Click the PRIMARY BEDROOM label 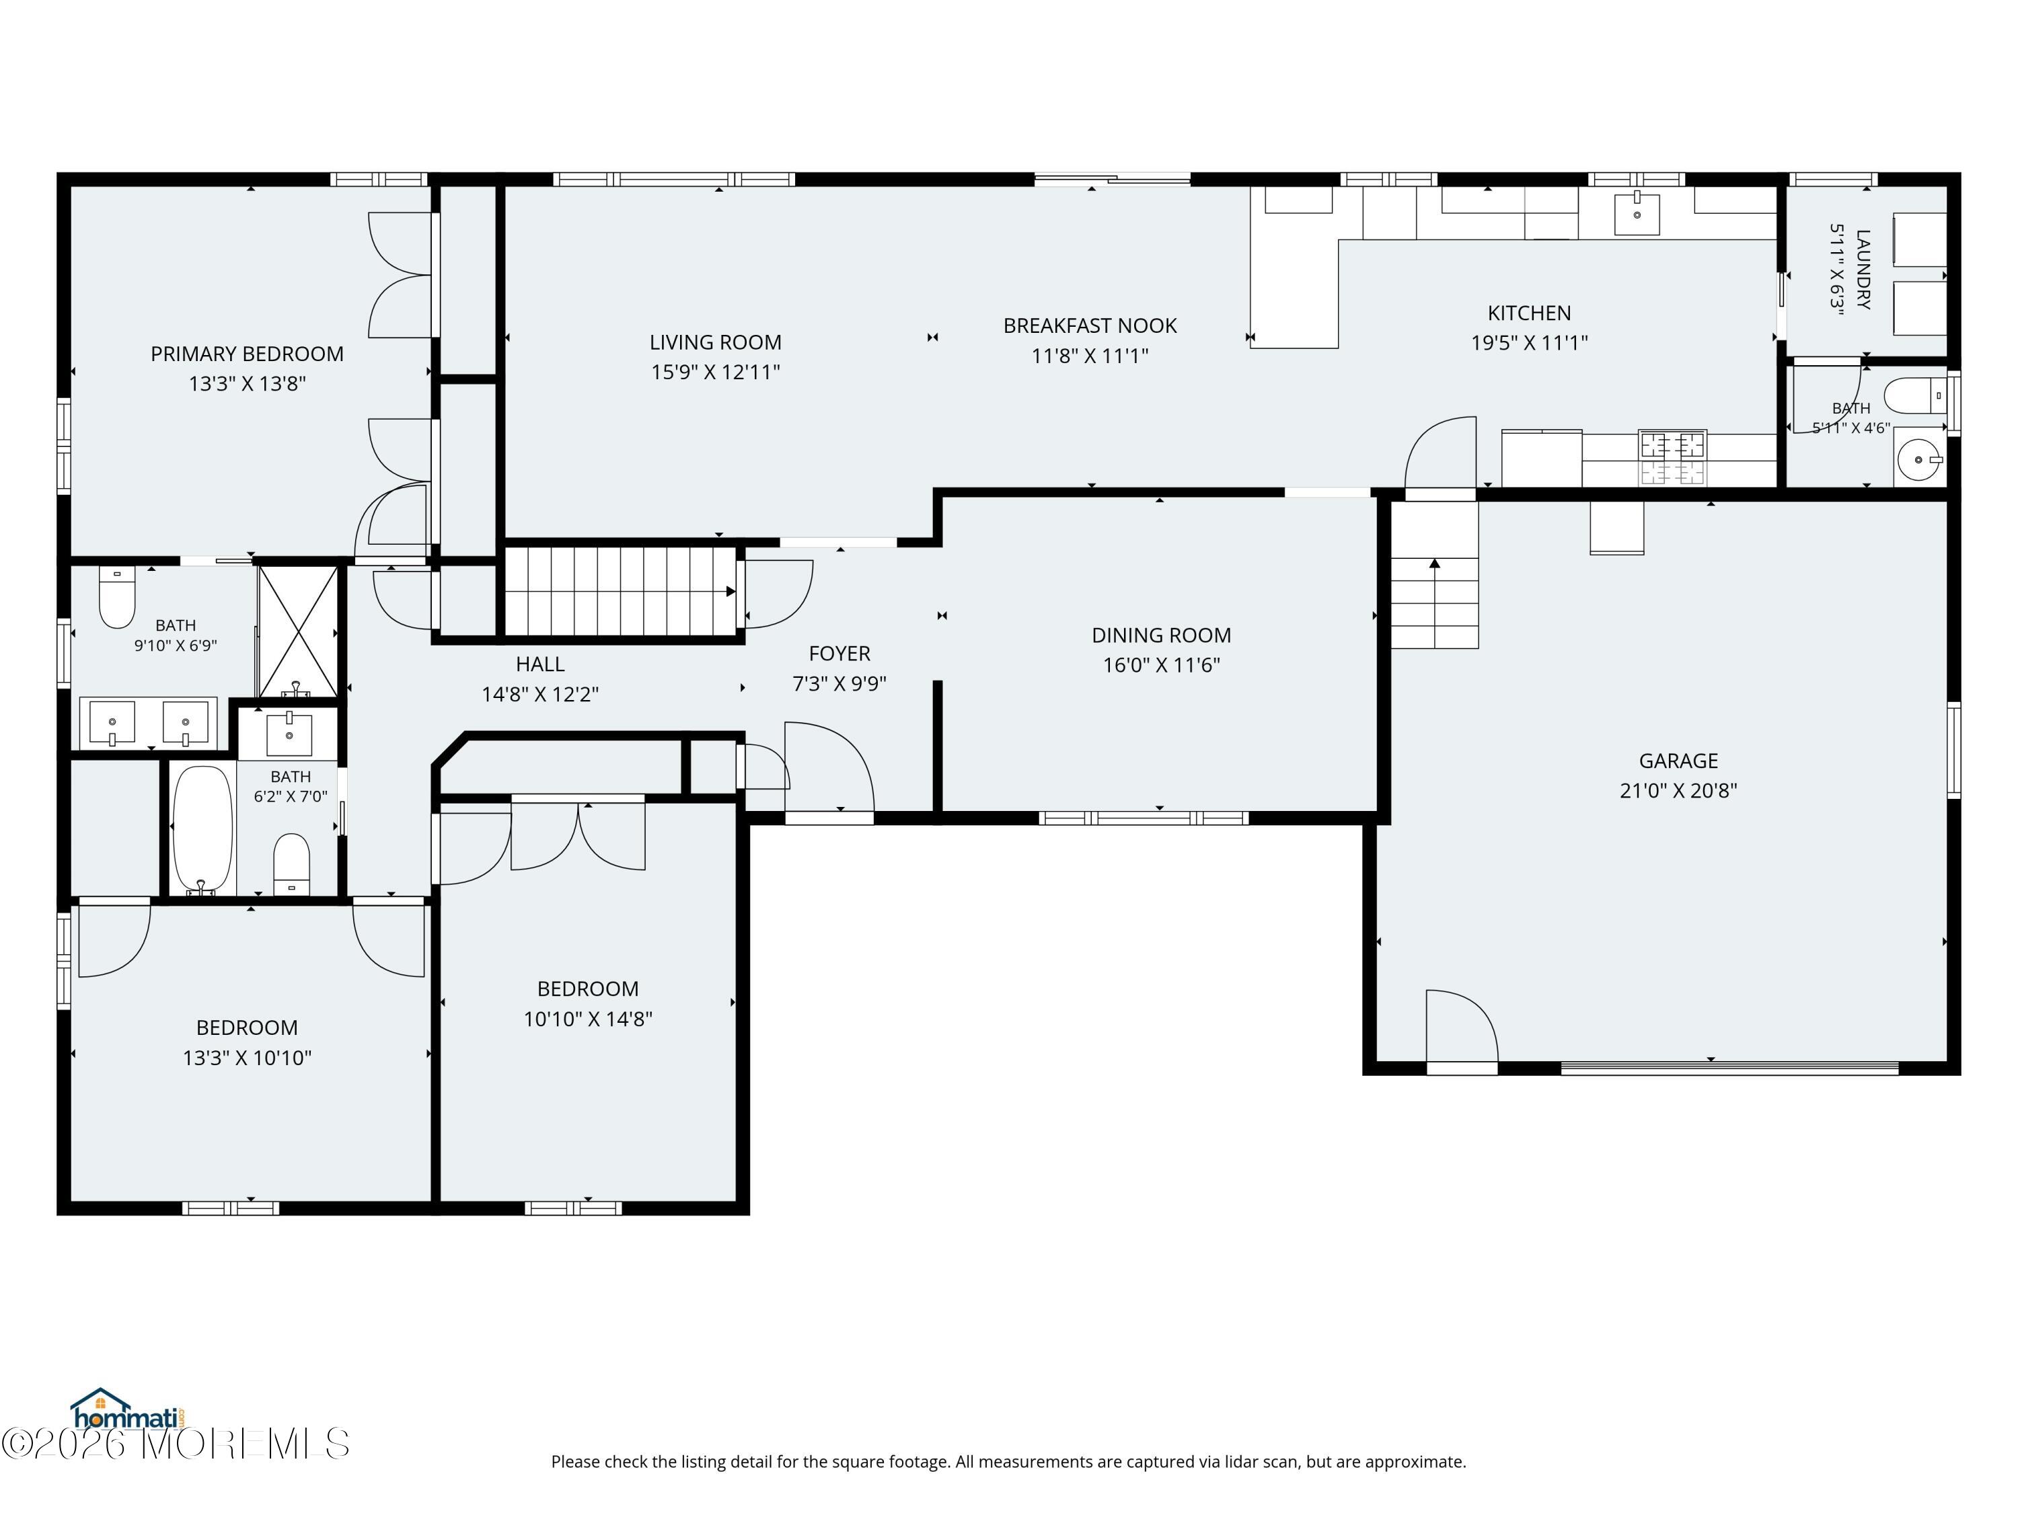(x=248, y=354)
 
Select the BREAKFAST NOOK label (x=1090, y=325)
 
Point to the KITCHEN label (x=1529, y=313)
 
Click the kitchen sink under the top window (x=1637, y=213)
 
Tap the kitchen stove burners (x=1672, y=458)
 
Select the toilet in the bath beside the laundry (x=1916, y=397)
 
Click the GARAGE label (x=1678, y=761)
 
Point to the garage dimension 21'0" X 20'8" (x=1678, y=791)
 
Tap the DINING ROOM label (x=1161, y=635)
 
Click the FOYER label (x=839, y=653)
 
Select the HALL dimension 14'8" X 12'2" (x=540, y=694)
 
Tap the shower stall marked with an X (x=298, y=632)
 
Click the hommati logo (x=128, y=1410)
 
